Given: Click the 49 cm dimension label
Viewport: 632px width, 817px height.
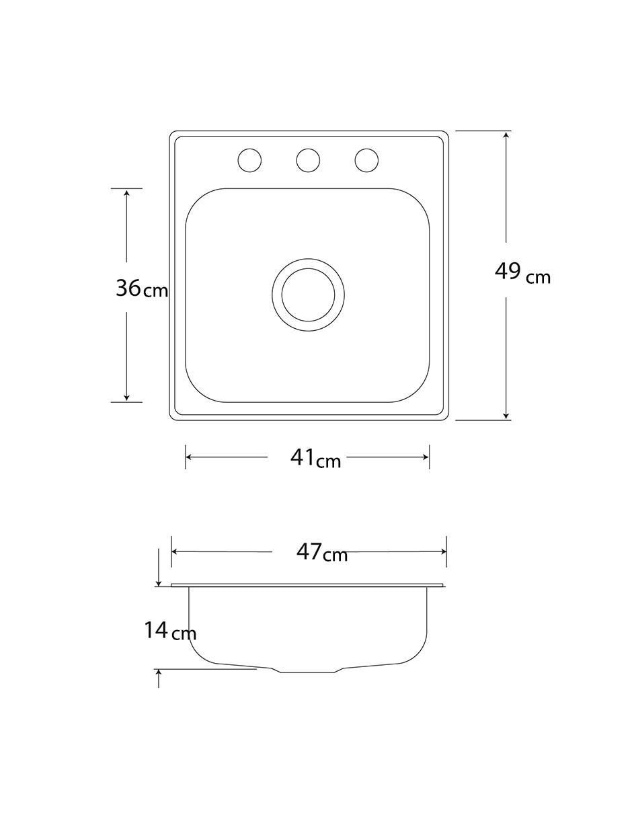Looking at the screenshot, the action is coord(522,273).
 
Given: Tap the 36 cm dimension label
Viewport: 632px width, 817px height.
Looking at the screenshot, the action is coord(142,288).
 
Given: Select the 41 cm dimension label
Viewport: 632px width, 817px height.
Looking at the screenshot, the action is coord(315,459).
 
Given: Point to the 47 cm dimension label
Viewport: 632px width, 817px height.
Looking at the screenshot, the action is coord(321,552).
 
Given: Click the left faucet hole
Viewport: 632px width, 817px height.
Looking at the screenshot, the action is coord(249,161).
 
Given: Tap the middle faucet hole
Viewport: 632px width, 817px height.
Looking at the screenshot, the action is coord(308,161).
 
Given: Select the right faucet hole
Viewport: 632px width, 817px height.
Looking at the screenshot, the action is coord(366,161).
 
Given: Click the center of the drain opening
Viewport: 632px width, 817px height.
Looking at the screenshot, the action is coord(308,295).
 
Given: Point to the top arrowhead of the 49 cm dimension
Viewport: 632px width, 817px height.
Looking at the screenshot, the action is coord(506,134).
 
